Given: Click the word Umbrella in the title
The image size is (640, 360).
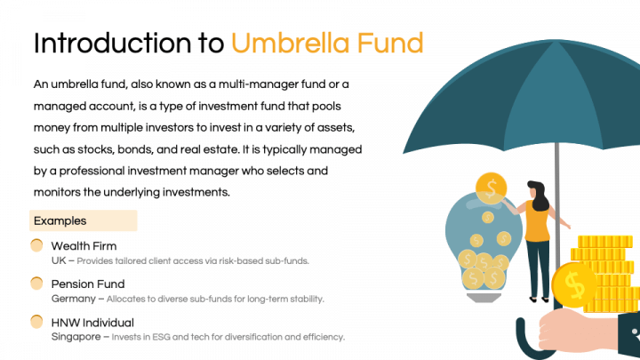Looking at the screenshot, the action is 290,44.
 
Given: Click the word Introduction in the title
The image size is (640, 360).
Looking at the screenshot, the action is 112,44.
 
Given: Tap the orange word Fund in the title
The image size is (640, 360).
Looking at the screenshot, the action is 390,44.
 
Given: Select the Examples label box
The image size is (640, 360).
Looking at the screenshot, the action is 84,220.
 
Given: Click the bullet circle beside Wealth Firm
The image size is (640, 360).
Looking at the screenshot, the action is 36,245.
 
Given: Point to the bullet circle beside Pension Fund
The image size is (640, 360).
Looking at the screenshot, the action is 36,283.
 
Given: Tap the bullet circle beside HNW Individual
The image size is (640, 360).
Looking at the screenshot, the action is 36,321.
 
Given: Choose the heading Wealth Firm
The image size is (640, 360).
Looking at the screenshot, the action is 84,246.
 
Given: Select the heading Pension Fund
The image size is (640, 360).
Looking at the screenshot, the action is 88,284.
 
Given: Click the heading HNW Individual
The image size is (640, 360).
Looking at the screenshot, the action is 92,323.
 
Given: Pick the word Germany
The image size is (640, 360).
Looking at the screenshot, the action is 74,299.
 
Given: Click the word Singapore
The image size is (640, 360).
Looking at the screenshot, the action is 76,337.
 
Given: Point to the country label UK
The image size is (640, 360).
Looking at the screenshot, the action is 59,260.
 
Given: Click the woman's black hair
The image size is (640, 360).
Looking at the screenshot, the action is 539,196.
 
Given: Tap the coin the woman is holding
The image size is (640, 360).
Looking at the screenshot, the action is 491,188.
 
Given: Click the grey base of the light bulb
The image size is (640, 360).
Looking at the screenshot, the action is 484,298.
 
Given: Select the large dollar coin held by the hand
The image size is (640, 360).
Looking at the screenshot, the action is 574,285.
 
